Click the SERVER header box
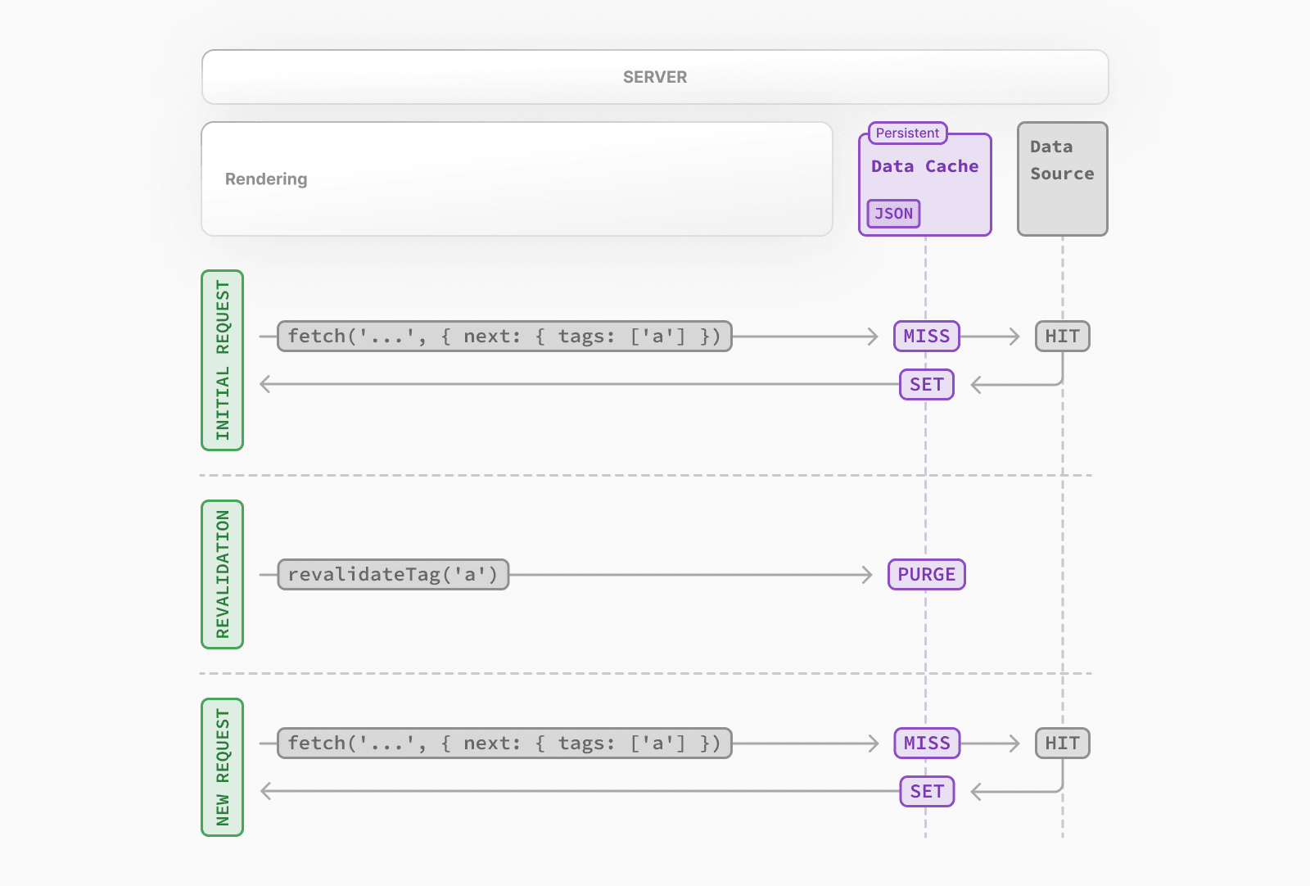[x=655, y=77]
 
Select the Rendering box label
[x=266, y=179]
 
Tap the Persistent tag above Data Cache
[x=907, y=133]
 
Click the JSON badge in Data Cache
[x=893, y=214]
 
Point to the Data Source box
[x=1062, y=179]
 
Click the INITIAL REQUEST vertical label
[x=223, y=360]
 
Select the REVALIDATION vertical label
[x=223, y=574]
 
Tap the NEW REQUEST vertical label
[x=223, y=767]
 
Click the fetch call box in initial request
[x=504, y=337]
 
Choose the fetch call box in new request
[x=504, y=744]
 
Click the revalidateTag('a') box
[x=393, y=575]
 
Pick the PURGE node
[x=926, y=575]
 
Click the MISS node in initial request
[x=926, y=337]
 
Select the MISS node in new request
[x=926, y=744]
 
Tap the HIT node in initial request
[x=1062, y=337]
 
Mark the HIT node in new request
[x=1062, y=744]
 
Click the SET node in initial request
[x=926, y=385]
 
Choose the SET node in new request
[x=926, y=792]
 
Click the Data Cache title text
[x=924, y=166]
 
